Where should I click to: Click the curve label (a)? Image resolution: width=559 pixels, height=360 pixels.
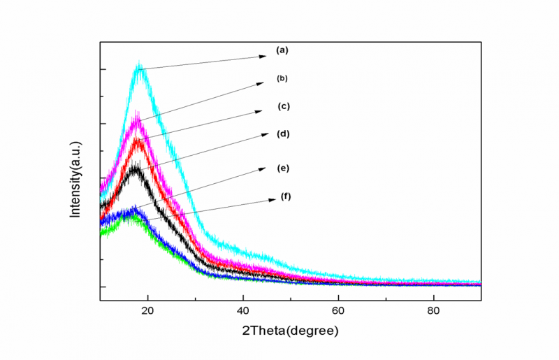click(x=282, y=50)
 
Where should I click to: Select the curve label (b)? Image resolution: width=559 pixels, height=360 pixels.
click(x=282, y=78)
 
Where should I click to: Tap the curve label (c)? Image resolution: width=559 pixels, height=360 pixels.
click(x=284, y=106)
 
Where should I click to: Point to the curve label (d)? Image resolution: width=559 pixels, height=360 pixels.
click(x=283, y=134)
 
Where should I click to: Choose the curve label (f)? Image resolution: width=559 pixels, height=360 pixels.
click(x=286, y=196)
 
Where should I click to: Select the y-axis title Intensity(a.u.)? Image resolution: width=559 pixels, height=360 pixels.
click(x=75, y=179)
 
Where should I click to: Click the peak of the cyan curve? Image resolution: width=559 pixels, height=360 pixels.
click(x=140, y=66)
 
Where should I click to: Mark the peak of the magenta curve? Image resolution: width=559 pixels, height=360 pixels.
click(x=136, y=115)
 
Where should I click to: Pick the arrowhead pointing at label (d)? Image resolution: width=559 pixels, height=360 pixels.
click(x=265, y=134)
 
